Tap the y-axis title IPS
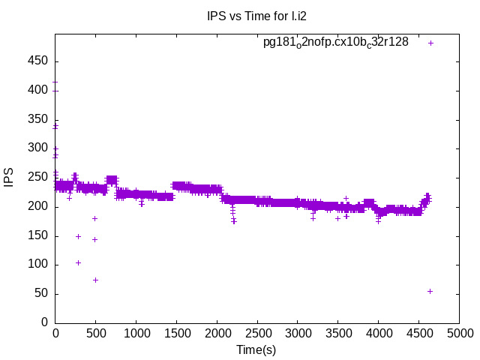9,178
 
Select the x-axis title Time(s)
256,349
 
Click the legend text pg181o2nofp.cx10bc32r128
335,42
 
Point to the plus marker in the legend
430,43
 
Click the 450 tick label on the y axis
39,61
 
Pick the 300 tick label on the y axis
39,148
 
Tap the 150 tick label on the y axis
39,235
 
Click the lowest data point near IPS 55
430,291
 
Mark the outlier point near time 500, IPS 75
95,280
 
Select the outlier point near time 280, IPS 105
78,262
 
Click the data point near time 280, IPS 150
78,236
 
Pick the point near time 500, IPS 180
95,218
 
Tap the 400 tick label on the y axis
39,90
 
